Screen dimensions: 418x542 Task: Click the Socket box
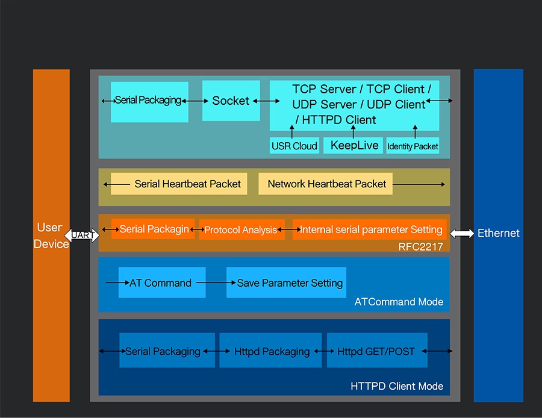(x=231, y=101)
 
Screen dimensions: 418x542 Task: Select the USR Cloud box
(x=294, y=146)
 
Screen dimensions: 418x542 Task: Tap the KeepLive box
(x=354, y=146)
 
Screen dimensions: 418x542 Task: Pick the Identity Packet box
(x=413, y=146)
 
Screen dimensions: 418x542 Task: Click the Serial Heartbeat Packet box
(x=179, y=184)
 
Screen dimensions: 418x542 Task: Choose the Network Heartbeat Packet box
(x=326, y=184)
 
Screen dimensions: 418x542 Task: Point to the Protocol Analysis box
(x=241, y=229)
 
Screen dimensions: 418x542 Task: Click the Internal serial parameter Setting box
(x=370, y=229)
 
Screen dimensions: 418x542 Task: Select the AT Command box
(x=162, y=282)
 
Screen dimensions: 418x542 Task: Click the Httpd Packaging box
(x=272, y=351)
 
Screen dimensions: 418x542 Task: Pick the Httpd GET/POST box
(x=377, y=351)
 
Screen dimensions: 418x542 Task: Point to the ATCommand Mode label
(x=399, y=302)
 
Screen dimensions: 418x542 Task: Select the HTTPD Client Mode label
(x=396, y=386)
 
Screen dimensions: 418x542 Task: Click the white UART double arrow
(x=81, y=234)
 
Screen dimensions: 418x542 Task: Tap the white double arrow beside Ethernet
(x=462, y=234)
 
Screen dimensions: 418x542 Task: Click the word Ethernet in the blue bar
(x=498, y=233)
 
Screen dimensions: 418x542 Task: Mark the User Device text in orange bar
(x=51, y=236)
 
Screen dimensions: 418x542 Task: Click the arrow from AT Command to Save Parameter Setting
(x=211, y=282)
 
